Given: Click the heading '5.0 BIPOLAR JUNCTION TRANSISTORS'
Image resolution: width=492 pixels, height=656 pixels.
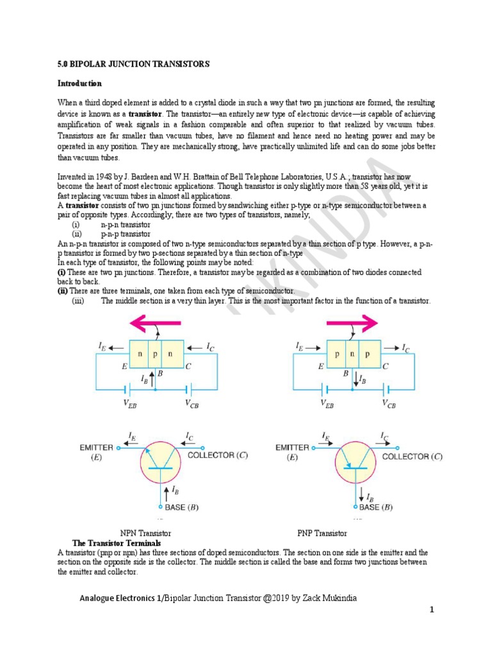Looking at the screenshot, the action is pos(134,65).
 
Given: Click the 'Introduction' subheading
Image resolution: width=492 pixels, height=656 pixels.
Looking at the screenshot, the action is pos(79,83).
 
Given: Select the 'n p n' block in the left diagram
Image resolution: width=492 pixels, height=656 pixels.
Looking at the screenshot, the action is pos(156,353).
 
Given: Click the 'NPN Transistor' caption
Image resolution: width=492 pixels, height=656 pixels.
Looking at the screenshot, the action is pos(145,533).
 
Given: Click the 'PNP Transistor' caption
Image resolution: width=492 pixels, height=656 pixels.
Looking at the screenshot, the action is pos(322,533).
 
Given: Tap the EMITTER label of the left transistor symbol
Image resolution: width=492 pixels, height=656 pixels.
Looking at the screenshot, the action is pos(96,448).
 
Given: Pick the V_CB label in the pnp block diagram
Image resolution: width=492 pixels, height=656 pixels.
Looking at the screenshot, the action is pos(388,404).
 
